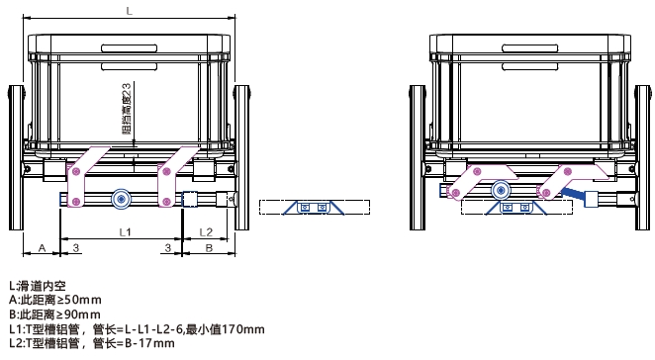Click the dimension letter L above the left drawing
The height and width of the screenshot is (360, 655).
click(x=130, y=9)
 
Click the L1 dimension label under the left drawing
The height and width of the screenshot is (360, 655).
click(x=126, y=231)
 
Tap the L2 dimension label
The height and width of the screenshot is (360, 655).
click(x=207, y=231)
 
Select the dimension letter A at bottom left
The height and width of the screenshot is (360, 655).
click(x=42, y=247)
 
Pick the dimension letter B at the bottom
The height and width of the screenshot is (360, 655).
click(x=209, y=247)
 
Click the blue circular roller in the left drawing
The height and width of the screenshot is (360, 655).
click(x=122, y=199)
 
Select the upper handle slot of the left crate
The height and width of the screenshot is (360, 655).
click(x=129, y=45)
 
